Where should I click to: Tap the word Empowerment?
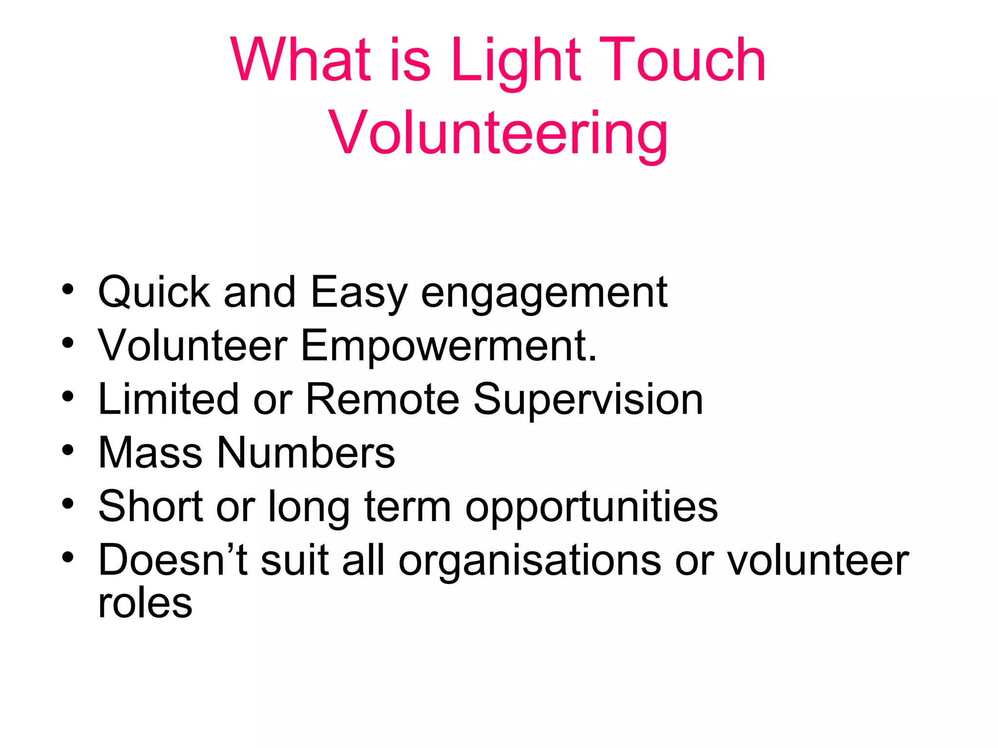(x=449, y=347)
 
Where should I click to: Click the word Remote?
(x=382, y=399)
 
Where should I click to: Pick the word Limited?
(x=169, y=399)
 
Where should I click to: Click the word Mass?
(x=150, y=453)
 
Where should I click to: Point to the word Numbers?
(x=306, y=453)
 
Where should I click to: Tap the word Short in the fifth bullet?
(x=150, y=506)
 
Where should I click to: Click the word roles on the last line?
(x=145, y=604)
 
